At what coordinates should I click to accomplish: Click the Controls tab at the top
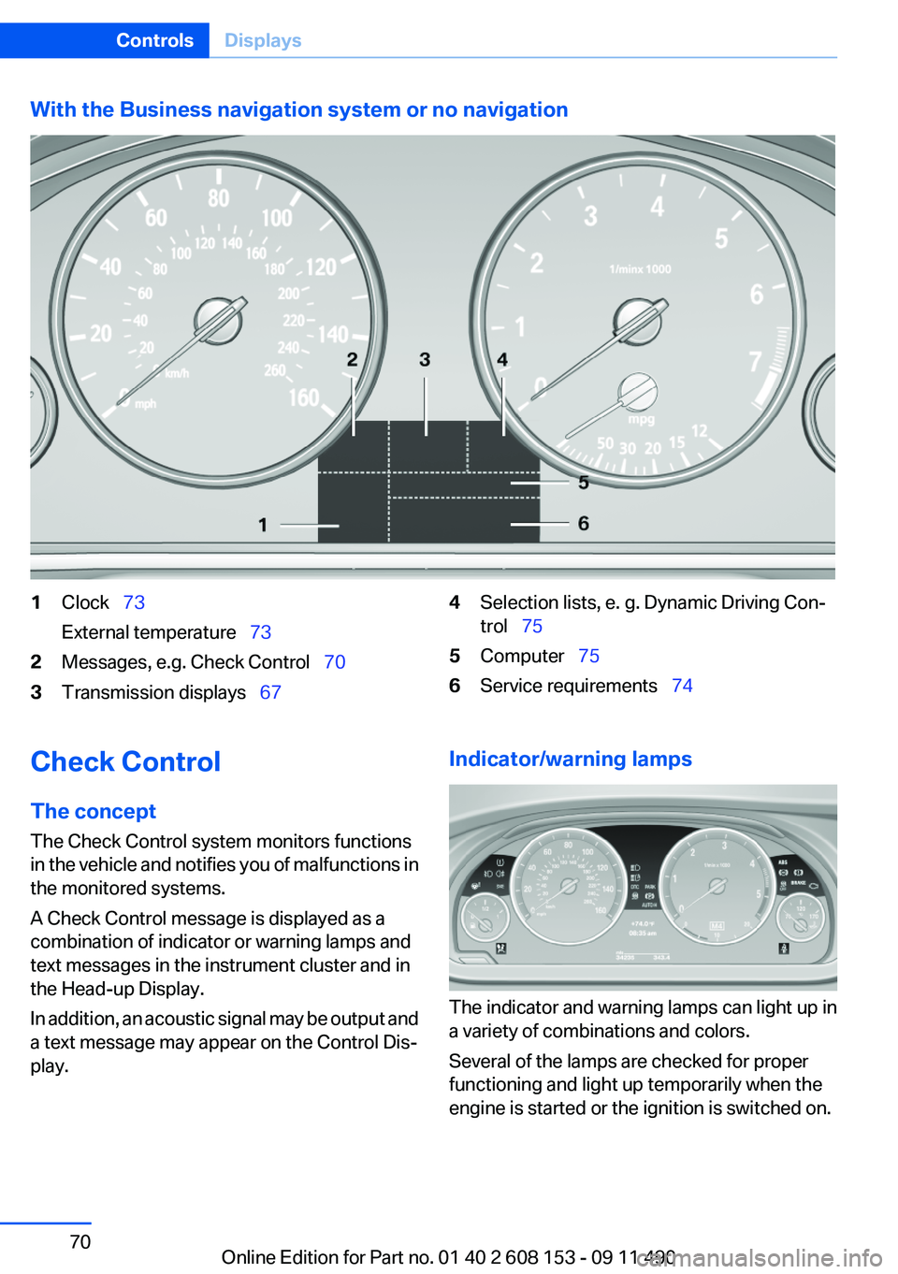[154, 40]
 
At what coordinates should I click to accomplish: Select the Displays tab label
[263, 40]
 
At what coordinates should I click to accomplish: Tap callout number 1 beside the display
[263, 525]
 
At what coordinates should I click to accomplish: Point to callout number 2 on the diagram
[352, 359]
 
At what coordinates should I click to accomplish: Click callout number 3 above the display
[425, 359]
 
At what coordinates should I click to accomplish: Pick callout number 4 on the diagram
[502, 359]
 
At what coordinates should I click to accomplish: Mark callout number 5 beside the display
[583, 483]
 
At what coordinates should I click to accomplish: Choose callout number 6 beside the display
[583, 523]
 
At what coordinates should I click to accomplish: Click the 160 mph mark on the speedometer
[304, 398]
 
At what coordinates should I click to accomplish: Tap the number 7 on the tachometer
[755, 361]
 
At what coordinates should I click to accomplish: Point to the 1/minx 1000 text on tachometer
[640, 269]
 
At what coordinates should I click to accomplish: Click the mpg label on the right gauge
[642, 419]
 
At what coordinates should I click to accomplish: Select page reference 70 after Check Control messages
[334, 662]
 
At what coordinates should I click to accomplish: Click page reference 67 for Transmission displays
[270, 692]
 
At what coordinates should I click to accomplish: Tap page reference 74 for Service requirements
[682, 686]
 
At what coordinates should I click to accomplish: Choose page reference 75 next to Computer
[588, 656]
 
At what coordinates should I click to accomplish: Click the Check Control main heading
[125, 761]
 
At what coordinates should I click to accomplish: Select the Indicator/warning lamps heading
[570, 759]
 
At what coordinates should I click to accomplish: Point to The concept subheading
[93, 811]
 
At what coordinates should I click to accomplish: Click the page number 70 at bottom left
[80, 1241]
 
